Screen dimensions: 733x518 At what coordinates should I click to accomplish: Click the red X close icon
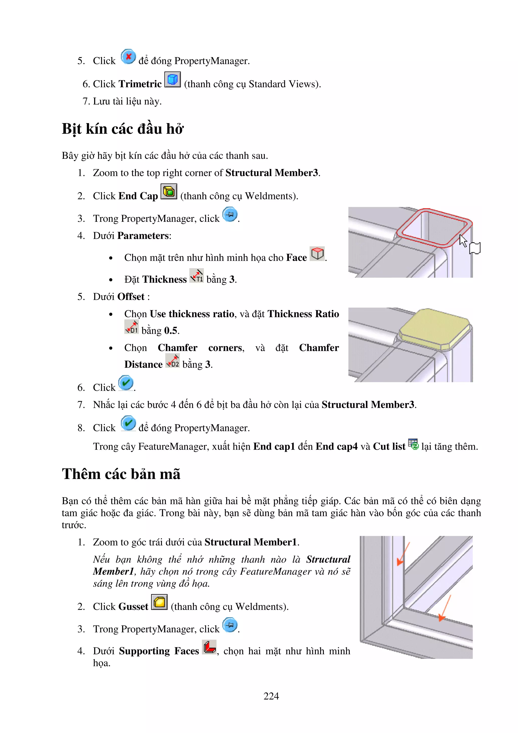tap(128, 57)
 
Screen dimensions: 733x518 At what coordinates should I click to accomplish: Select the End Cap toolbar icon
tap(169, 191)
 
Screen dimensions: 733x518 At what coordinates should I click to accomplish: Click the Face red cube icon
tap(317, 254)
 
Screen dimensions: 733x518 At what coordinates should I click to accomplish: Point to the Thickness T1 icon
tap(197, 275)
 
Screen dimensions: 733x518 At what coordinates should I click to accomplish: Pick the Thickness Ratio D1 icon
tap(132, 327)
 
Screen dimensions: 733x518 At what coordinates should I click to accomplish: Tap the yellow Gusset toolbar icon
tap(159, 602)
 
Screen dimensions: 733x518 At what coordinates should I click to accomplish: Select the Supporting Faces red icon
tap(209, 647)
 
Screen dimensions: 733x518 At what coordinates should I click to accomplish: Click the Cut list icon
tap(413, 444)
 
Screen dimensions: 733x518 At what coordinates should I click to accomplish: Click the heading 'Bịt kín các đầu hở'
tap(123, 129)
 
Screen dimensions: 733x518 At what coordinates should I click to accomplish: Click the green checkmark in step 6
tap(126, 383)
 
